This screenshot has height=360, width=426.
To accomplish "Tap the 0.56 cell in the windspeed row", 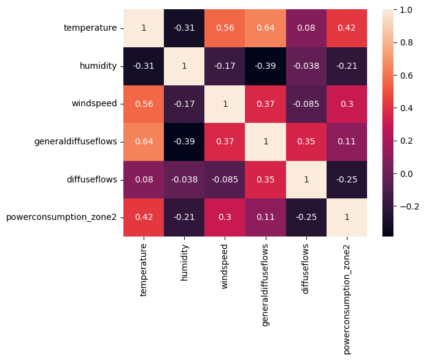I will [x=144, y=103].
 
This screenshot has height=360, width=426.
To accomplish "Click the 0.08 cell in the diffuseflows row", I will [x=144, y=179].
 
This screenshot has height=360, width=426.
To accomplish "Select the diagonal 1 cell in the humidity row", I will [x=184, y=66].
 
